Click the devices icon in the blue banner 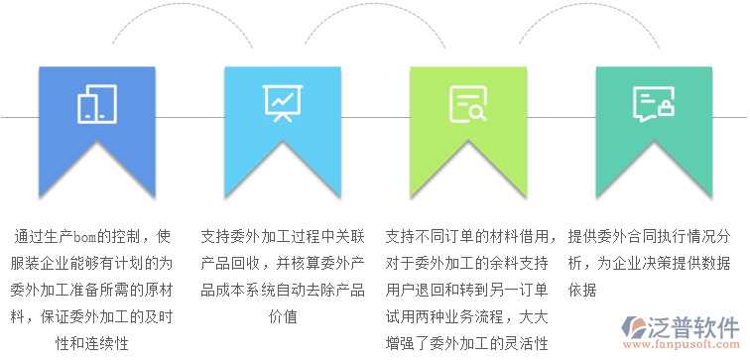click(x=97, y=103)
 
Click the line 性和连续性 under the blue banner click(x=97, y=343)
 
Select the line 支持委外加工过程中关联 click(x=283, y=238)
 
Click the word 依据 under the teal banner click(x=582, y=291)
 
